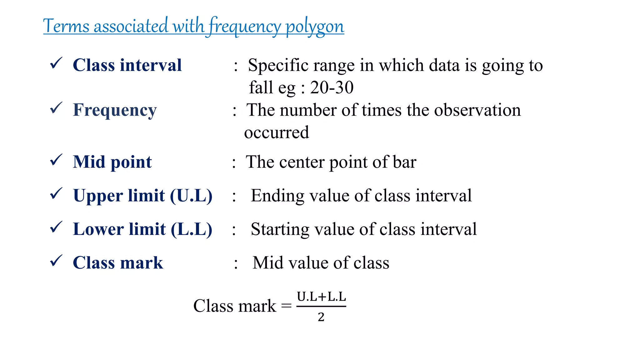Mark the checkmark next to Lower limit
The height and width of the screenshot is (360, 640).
pos(56,227)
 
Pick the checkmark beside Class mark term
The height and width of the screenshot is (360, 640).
pos(56,261)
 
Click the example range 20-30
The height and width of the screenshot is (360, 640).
pos(332,87)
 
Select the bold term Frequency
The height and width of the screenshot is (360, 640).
pos(115,110)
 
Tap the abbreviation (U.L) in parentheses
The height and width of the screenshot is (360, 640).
pos(191,196)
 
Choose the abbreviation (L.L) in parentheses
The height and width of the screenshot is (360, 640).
pos(192,229)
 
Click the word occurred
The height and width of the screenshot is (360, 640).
pos(277,132)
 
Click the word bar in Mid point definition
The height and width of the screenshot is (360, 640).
pos(405,162)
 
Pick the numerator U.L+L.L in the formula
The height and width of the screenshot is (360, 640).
pos(321,297)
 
